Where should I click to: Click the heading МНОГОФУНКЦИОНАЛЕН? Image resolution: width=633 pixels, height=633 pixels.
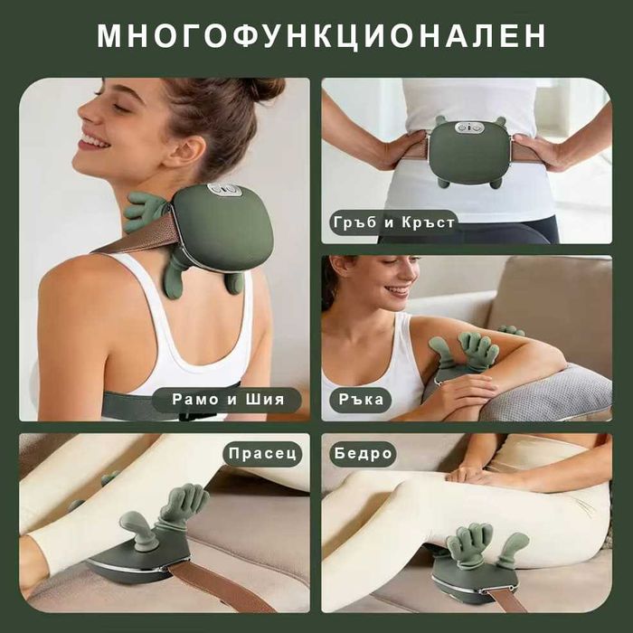(x=321, y=35)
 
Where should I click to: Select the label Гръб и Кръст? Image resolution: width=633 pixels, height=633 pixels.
(x=393, y=222)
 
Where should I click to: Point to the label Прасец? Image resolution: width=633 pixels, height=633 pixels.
(x=263, y=453)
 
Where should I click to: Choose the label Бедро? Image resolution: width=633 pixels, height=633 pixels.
(x=364, y=453)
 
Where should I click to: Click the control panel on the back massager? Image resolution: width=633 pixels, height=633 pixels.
(x=468, y=128)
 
